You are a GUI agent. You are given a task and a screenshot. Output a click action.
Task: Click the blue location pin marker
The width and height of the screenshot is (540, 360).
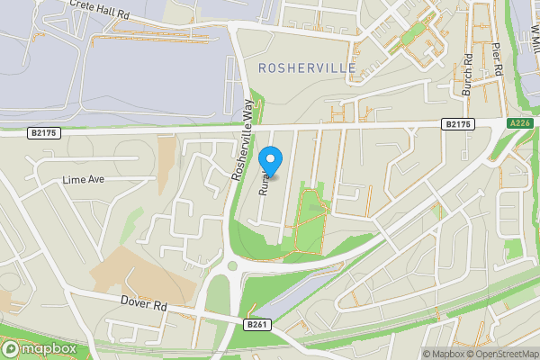click(271, 160)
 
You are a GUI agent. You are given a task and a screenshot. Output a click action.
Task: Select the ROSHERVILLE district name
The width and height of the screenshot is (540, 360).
click(306, 68)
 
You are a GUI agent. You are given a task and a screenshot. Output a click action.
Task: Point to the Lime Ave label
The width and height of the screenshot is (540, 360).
click(84, 179)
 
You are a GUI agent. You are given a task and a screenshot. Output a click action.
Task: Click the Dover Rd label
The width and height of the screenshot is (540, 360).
click(144, 306)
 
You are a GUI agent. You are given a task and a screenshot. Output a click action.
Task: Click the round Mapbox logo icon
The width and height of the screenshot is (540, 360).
click(11, 348)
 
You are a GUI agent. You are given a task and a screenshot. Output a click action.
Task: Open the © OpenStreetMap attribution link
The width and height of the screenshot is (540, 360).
click(503, 354)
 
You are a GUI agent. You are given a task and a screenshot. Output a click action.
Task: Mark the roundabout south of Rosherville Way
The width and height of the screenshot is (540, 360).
click(233, 265)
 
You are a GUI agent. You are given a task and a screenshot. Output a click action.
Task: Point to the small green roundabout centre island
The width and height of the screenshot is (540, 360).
click(233, 265)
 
